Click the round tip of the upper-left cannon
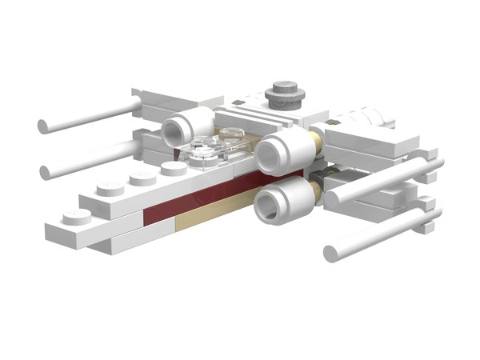click(43, 126)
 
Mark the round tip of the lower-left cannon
click(46, 170)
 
